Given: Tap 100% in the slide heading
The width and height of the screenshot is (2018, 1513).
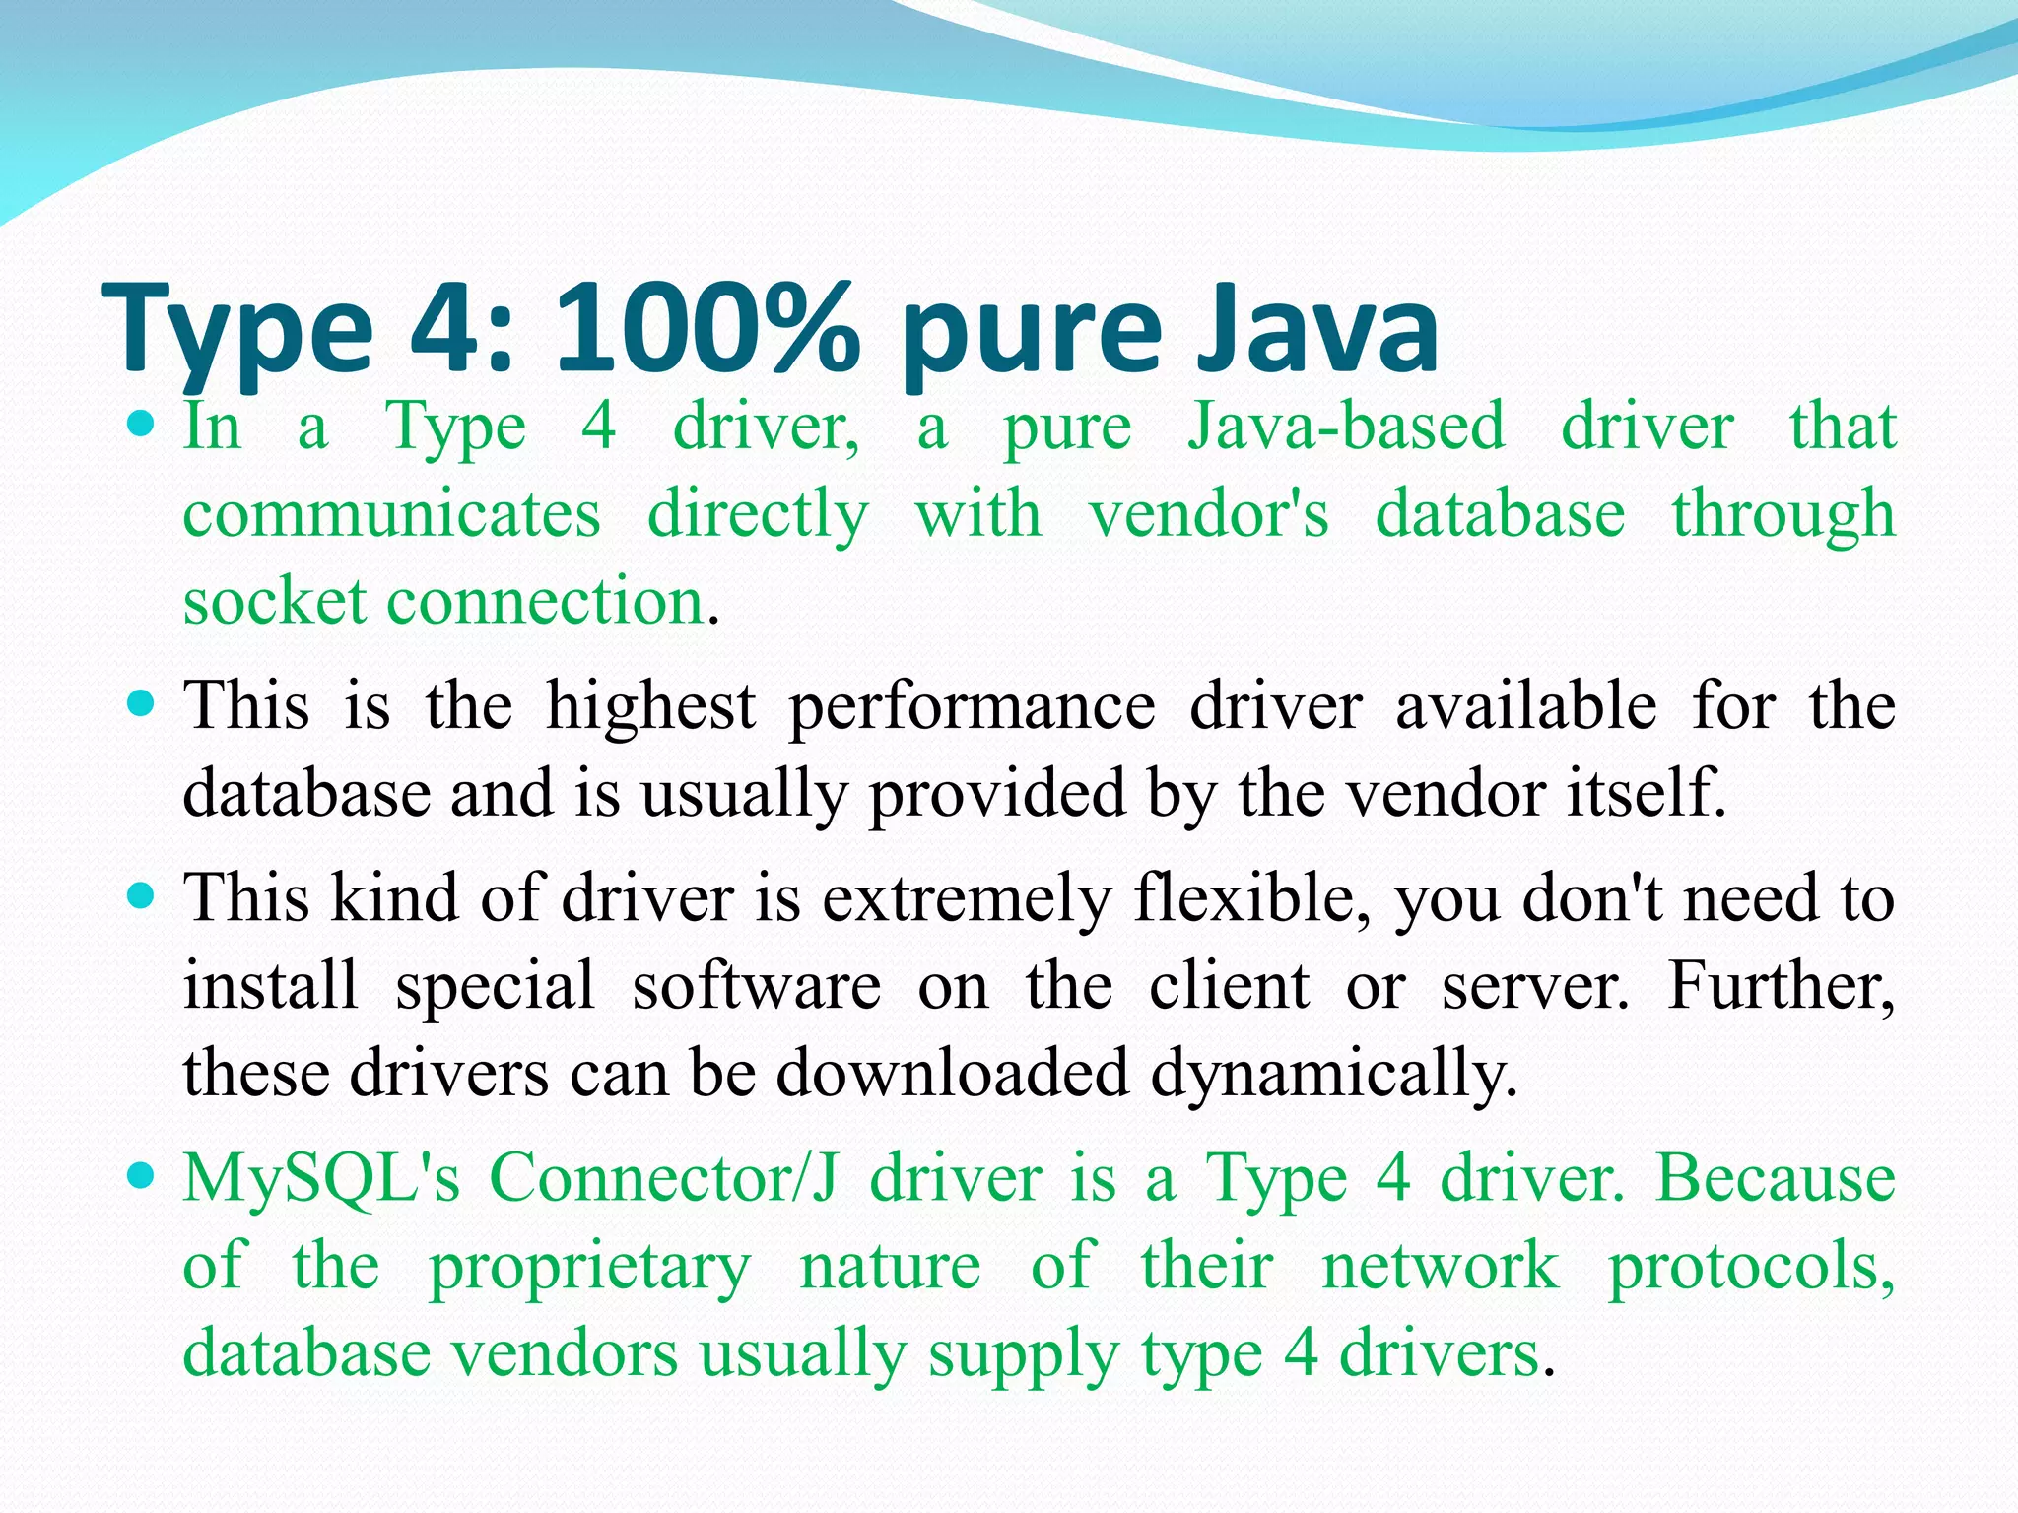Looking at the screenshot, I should point(706,327).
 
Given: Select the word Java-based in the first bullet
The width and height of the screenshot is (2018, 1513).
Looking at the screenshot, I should point(1346,427).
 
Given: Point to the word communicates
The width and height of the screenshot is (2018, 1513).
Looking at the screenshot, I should point(391,514).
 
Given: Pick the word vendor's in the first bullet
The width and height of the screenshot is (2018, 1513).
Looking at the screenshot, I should point(1208,514).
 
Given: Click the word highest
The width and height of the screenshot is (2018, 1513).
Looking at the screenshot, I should point(651,705).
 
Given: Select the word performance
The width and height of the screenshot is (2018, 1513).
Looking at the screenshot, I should point(972,707).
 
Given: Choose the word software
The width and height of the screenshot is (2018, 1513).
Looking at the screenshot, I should point(756,985).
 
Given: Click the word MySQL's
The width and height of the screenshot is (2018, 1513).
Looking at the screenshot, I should point(321,1178).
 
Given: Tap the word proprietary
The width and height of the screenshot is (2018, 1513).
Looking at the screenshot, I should point(589,1267).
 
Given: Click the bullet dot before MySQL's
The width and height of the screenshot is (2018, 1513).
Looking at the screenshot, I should point(143,1175).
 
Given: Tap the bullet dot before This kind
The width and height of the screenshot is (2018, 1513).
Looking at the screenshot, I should point(143,895).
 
